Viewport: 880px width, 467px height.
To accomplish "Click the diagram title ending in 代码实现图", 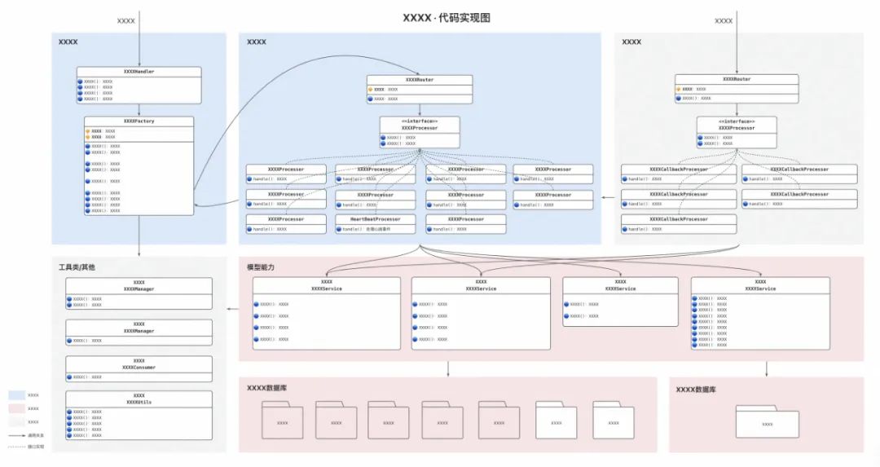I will pyautogui.click(x=447, y=18).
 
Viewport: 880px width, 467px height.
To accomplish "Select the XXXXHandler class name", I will pyautogui.click(x=139, y=72).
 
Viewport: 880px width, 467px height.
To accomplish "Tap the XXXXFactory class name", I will pyautogui.click(x=139, y=121).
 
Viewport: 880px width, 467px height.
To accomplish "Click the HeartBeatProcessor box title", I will pyautogui.click(x=376, y=219).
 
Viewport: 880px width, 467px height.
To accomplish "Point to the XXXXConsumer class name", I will pyautogui.click(x=139, y=368).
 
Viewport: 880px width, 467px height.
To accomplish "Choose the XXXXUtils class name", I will pyautogui.click(x=139, y=403).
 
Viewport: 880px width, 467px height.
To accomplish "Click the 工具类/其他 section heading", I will pyautogui.click(x=77, y=267).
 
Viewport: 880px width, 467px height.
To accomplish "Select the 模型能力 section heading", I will pyautogui.click(x=261, y=267).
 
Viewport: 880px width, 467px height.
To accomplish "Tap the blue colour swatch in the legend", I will pyautogui.click(x=16, y=395).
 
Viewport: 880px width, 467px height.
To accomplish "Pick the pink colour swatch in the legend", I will pyautogui.click(x=16, y=408).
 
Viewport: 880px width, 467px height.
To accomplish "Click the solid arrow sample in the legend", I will pyautogui.click(x=16, y=435).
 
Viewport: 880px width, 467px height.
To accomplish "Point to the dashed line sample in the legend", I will pyautogui.click(x=16, y=447).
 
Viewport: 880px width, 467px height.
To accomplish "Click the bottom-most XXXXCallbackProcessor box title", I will pyautogui.click(x=679, y=219).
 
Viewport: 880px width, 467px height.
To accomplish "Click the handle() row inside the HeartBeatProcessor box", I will pyautogui.click(x=376, y=229).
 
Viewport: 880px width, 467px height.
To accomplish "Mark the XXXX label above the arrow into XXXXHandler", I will pyautogui.click(x=126, y=20).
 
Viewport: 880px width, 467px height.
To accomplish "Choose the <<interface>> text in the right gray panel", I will pyautogui.click(x=737, y=121).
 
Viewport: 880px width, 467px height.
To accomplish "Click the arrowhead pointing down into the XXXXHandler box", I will pyautogui.click(x=139, y=64).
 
